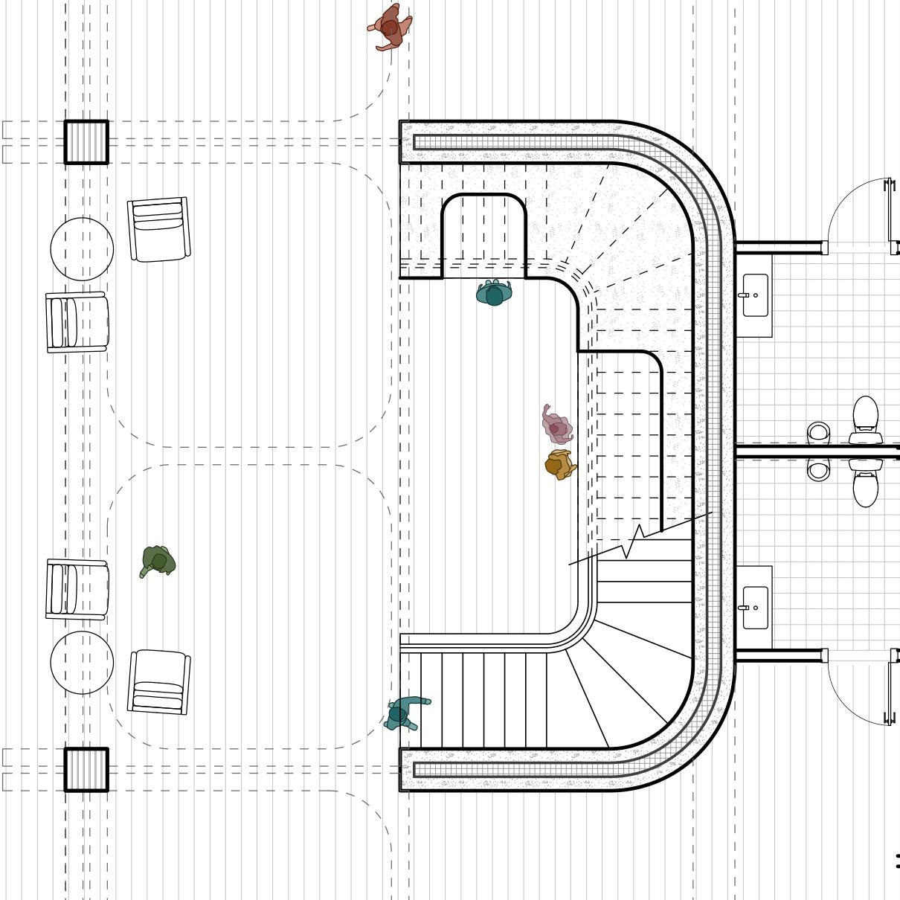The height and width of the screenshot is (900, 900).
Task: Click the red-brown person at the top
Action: [389, 28]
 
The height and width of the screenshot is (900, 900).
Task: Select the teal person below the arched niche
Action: [494, 293]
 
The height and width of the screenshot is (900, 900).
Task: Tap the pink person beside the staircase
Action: [556, 425]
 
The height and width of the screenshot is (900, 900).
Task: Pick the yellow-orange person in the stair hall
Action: [559, 465]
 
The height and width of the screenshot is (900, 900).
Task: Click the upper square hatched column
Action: [86, 142]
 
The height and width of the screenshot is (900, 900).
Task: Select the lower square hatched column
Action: [86, 770]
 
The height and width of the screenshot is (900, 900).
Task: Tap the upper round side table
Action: [82, 249]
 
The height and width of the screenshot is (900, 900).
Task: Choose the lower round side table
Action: [82, 663]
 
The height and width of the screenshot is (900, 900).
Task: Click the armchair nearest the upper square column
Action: [158, 229]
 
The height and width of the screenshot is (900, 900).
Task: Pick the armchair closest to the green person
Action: [77, 589]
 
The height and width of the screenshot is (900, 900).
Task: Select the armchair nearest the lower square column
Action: [159, 682]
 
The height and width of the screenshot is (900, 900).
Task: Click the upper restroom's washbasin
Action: [755, 295]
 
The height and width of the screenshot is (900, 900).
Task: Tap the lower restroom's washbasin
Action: [755, 608]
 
